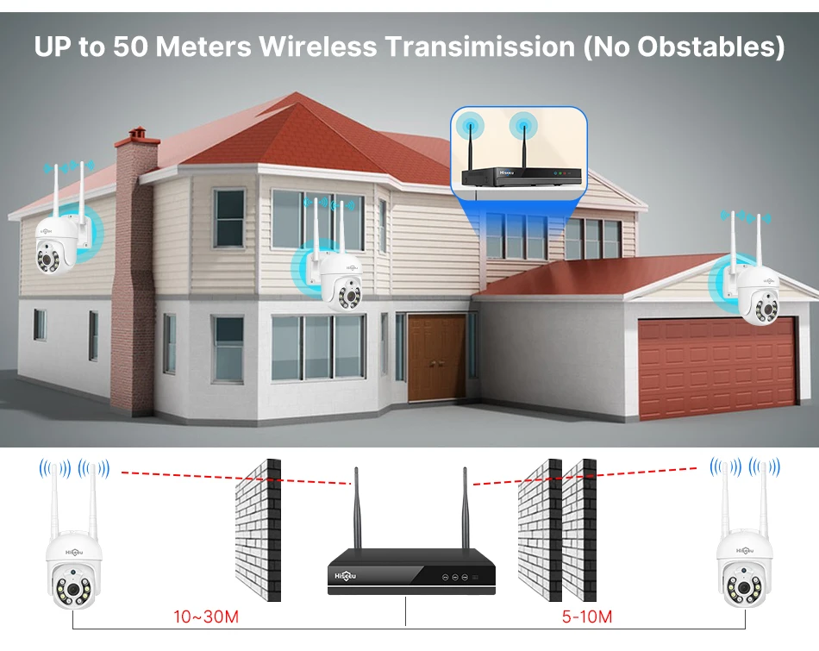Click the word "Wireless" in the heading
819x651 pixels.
click(318, 46)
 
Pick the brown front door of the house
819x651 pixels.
click(437, 357)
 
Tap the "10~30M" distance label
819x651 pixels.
click(205, 617)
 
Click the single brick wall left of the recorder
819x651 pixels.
click(258, 530)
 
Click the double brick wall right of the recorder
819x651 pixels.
click(557, 530)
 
